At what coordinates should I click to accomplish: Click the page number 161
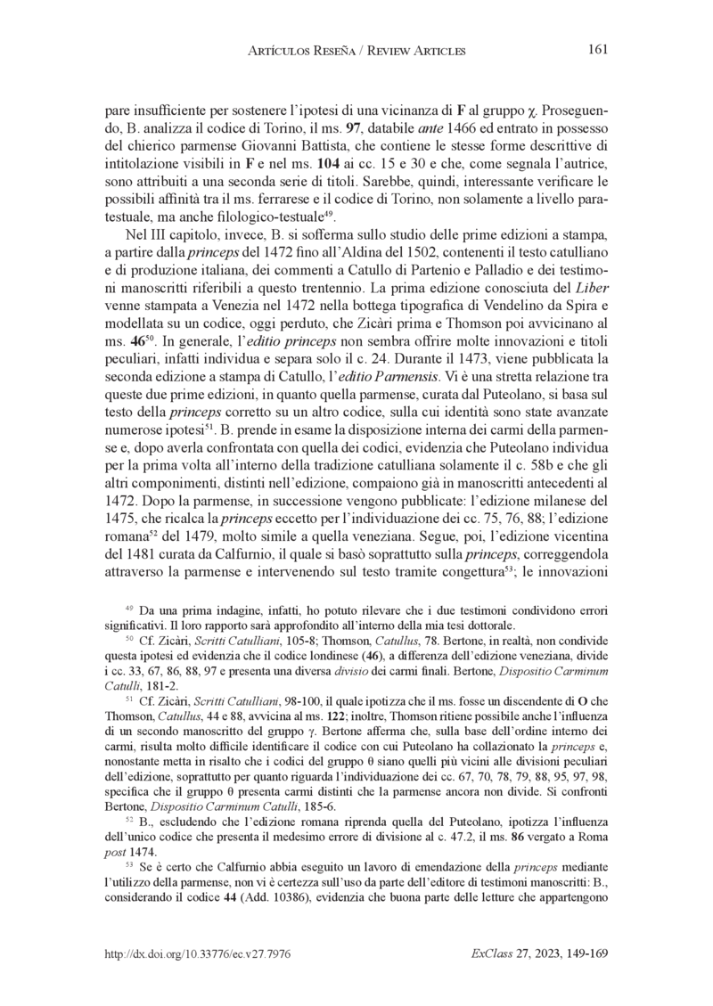(x=598, y=49)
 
